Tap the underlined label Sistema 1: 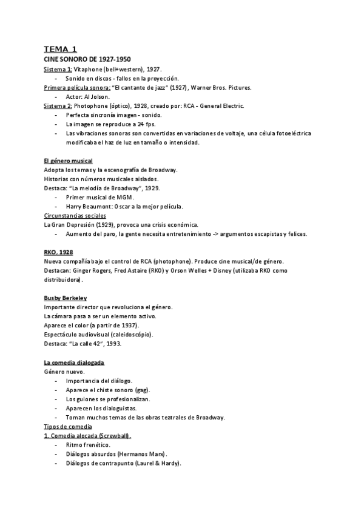coord(58,70)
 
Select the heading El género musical coord(69,161)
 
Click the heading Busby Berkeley coord(66,298)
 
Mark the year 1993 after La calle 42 coord(113,344)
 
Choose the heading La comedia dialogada coord(74,362)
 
